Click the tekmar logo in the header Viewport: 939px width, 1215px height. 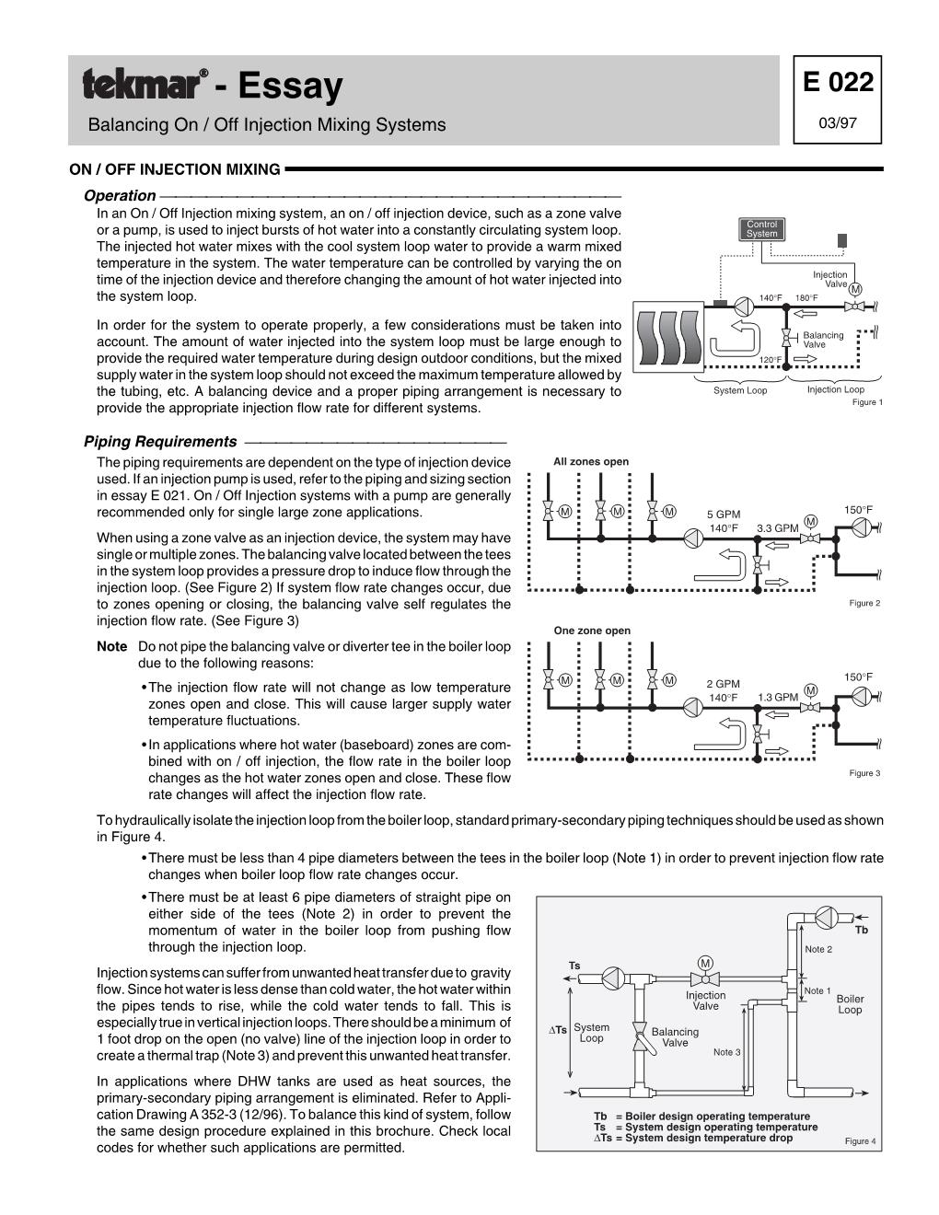[x=145, y=85]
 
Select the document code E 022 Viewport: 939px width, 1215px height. [x=837, y=83]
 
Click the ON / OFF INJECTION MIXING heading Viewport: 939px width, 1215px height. [x=175, y=169]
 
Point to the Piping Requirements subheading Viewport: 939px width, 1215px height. [x=160, y=442]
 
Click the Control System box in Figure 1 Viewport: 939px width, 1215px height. [x=761, y=229]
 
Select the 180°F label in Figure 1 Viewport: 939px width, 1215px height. [x=807, y=297]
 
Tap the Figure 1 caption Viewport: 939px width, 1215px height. [x=867, y=402]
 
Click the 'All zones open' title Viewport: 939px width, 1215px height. [x=591, y=462]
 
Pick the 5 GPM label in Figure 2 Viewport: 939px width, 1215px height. [x=724, y=515]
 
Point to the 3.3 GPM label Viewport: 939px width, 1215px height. [x=777, y=528]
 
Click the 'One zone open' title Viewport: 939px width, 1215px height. [x=592, y=631]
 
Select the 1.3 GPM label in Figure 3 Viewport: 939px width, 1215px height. [x=778, y=697]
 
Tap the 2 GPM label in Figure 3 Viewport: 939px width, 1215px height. [x=723, y=684]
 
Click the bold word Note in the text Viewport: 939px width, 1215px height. [x=111, y=647]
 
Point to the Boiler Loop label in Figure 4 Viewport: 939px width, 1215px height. [x=850, y=1004]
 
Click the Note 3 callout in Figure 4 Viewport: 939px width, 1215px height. [x=726, y=1052]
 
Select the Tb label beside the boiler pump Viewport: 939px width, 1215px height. [x=862, y=930]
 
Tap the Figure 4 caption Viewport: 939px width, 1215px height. [x=860, y=1141]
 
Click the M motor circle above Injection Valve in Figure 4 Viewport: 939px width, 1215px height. [x=705, y=963]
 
